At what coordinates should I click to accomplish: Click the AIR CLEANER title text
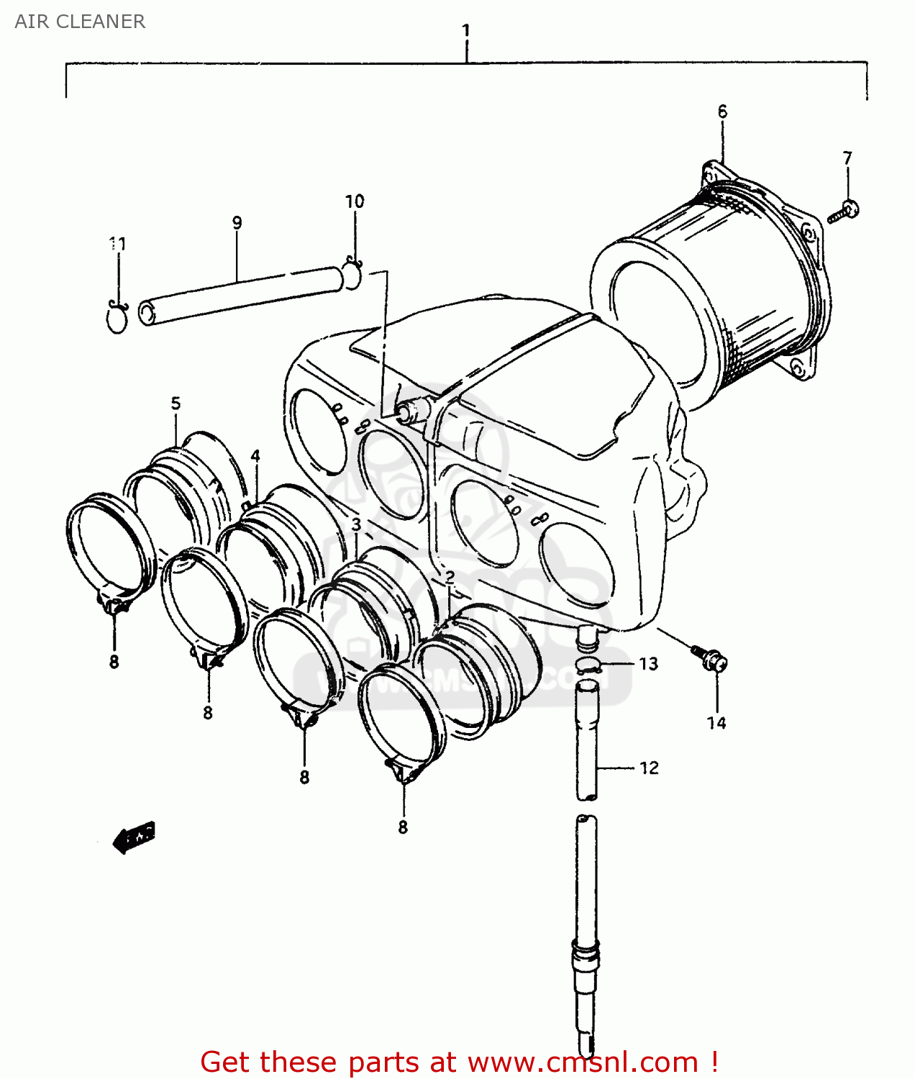(x=80, y=22)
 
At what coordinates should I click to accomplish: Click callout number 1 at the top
(x=466, y=31)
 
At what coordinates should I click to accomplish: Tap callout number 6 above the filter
(x=722, y=111)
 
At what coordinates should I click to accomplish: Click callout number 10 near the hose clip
(x=355, y=201)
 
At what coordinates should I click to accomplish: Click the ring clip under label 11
(x=117, y=317)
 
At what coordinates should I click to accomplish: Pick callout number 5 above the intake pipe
(x=176, y=404)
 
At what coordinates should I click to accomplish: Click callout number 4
(x=255, y=456)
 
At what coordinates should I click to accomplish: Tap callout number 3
(x=356, y=524)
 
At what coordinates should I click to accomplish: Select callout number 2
(x=450, y=577)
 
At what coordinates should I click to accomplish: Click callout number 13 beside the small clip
(x=648, y=664)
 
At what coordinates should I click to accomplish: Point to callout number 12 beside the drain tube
(x=649, y=768)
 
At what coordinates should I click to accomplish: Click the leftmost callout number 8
(x=114, y=662)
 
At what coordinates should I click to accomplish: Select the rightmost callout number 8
(x=403, y=827)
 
